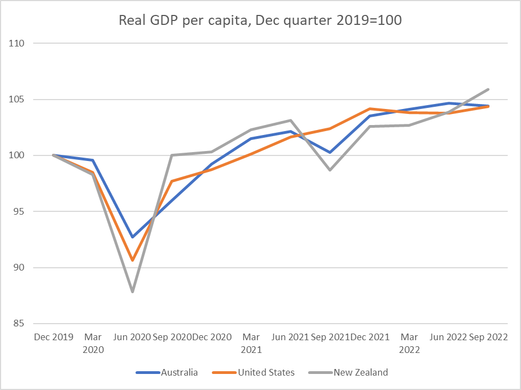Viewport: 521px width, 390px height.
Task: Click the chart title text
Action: point(260,20)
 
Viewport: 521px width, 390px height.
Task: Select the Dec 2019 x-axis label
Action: point(54,337)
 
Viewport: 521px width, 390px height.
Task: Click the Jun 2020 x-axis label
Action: point(132,337)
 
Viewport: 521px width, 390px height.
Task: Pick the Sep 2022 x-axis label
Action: point(488,337)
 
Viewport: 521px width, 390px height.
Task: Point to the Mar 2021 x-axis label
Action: point(251,343)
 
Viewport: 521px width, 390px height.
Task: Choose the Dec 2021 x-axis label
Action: point(369,337)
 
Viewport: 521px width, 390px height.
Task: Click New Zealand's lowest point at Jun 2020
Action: point(133,292)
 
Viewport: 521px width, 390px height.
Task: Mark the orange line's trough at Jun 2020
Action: point(133,260)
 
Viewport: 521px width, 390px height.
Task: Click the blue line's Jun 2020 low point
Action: point(133,237)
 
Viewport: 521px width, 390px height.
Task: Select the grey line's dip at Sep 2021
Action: point(330,170)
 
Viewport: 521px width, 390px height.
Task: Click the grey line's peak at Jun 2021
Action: point(291,120)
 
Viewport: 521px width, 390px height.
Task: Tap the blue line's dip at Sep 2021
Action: point(330,152)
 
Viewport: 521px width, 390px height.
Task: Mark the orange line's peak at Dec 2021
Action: point(370,108)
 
